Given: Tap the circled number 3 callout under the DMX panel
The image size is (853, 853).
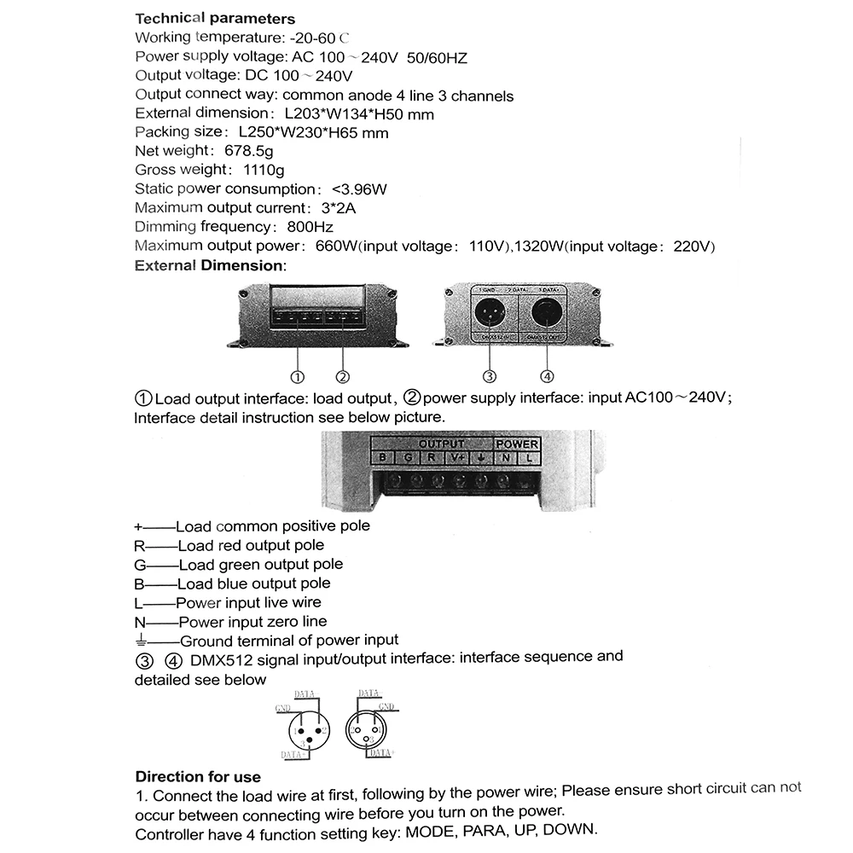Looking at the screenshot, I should (490, 377).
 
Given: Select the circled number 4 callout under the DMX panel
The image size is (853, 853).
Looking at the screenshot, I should (547, 377).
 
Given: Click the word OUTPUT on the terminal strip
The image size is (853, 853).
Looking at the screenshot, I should (442, 444).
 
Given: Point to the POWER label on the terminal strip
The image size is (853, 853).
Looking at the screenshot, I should (517, 444).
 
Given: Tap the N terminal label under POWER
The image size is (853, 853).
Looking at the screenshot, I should (505, 458).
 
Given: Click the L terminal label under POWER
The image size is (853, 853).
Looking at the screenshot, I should (529, 458).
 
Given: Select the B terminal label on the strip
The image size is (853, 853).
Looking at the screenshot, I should (384, 458).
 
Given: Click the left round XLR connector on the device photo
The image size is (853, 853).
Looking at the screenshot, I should (490, 314).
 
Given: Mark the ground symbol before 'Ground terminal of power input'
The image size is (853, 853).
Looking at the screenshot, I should (142, 641).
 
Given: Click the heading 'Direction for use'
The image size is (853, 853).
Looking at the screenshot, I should (198, 777).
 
